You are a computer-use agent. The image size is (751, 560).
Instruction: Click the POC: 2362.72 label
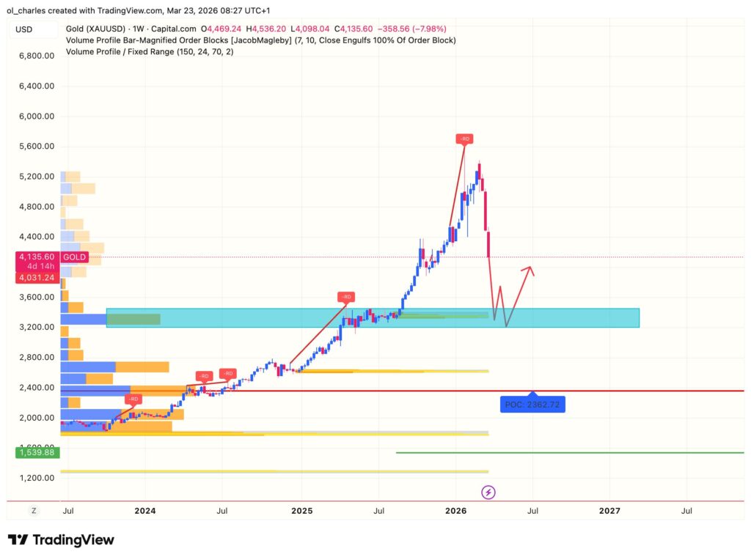[x=533, y=404]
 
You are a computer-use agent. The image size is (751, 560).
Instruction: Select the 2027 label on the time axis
[x=609, y=510]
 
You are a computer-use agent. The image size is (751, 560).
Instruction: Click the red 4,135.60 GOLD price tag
[x=52, y=257]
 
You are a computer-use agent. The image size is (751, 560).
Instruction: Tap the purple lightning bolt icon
[x=487, y=493]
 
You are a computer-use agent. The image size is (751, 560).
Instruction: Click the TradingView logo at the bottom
[x=61, y=540]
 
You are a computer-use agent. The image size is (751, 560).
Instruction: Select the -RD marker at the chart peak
[x=464, y=139]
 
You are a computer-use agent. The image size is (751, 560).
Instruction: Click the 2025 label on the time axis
[x=301, y=510]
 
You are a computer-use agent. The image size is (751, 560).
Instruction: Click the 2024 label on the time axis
[x=145, y=510]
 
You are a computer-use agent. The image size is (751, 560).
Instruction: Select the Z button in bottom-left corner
[x=34, y=510]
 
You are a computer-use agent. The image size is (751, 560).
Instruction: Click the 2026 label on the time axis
[x=455, y=510]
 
